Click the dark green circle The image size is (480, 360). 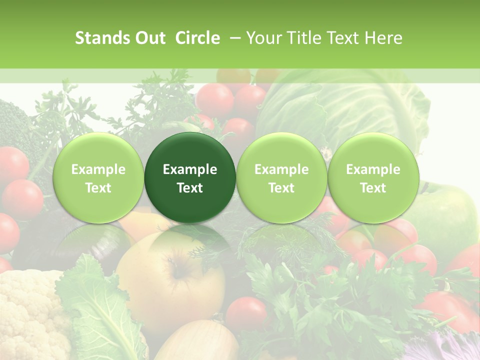(x=190, y=177)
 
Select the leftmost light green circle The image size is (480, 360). (x=98, y=177)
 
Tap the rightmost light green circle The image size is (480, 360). (x=373, y=177)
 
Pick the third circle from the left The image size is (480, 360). (x=281, y=177)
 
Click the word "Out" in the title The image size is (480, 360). (x=149, y=38)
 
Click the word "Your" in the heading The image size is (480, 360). (x=262, y=38)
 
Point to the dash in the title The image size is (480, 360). (x=233, y=38)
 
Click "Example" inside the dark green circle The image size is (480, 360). (x=190, y=169)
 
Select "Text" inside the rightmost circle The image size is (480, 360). (x=373, y=188)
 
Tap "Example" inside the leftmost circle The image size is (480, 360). (x=98, y=169)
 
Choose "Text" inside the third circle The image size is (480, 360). (x=281, y=188)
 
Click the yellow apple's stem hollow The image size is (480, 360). (x=177, y=272)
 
